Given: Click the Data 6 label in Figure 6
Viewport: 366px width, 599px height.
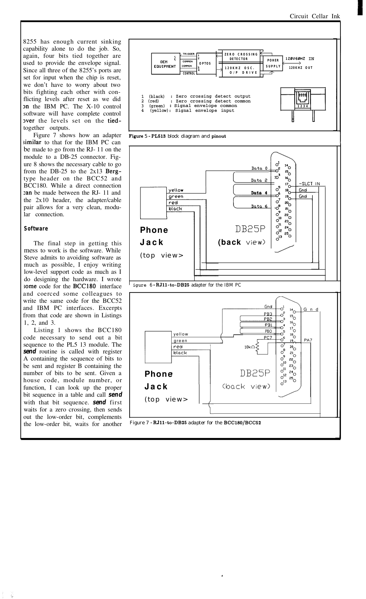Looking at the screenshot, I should pos(259,206).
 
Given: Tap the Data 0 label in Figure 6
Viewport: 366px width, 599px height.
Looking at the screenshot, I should pos(259,168).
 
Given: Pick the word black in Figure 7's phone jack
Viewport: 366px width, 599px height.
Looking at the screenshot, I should pos(180,353).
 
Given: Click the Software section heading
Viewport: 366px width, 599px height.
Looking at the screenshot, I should pos(36,229).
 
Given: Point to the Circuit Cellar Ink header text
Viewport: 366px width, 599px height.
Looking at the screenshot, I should pos(315,16).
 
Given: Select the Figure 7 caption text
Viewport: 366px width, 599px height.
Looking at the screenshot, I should pos(196,423).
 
